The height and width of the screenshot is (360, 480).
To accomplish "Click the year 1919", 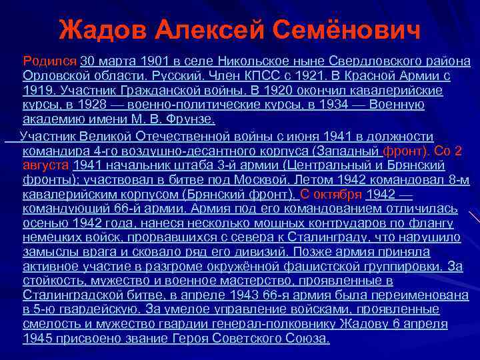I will click(37, 90).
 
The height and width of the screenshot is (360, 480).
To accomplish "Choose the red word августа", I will click(45, 164).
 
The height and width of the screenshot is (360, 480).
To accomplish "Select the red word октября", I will click(337, 193).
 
